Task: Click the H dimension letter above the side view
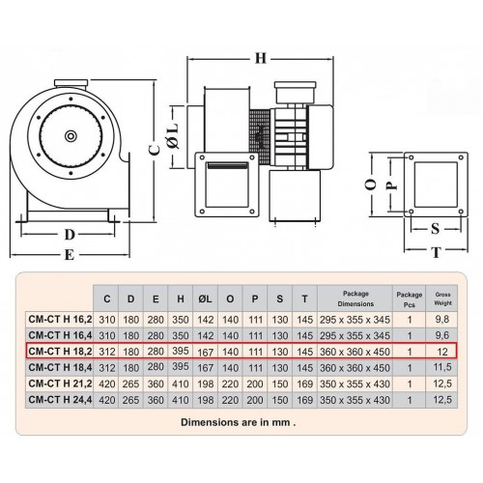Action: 261,58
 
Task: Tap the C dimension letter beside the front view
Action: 155,150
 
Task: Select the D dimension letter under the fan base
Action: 70,235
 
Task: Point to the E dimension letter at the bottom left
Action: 70,254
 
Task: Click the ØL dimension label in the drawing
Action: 173,136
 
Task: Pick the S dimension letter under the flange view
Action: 435,228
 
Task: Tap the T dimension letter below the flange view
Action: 436,252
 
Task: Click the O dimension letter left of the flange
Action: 371,185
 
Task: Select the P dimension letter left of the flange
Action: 391,185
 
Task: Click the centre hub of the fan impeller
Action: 71,136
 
